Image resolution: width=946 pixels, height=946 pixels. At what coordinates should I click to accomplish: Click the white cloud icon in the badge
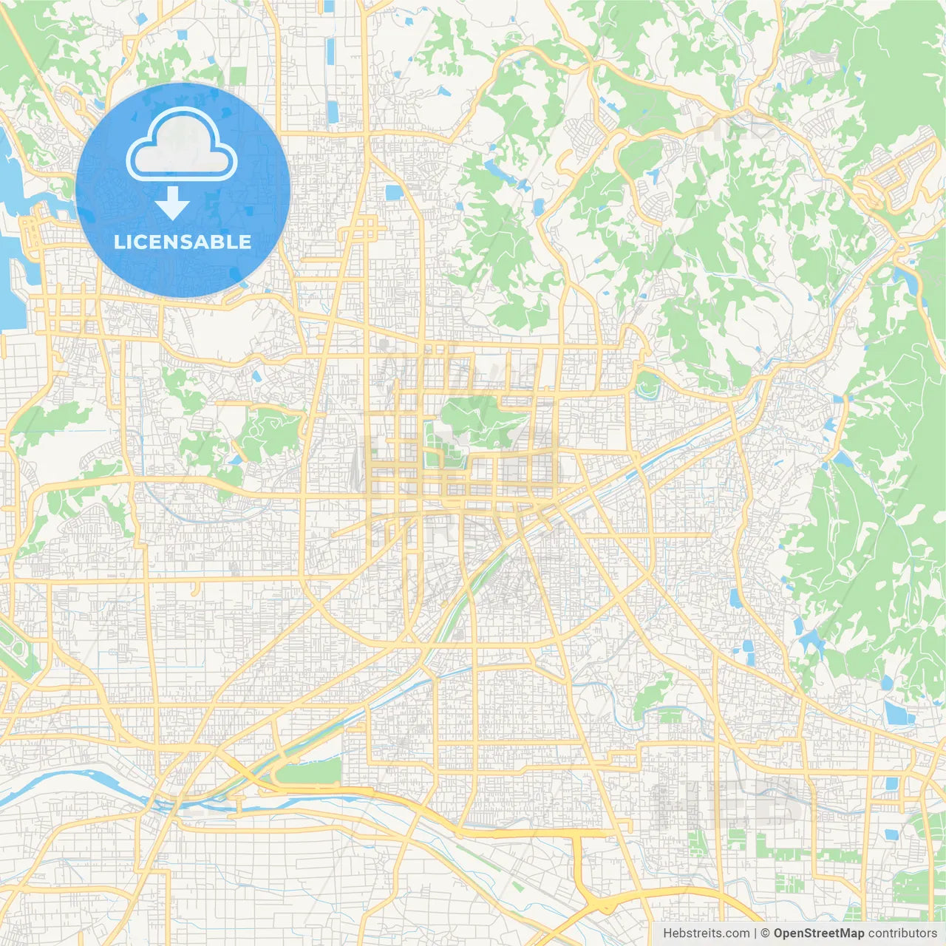182,145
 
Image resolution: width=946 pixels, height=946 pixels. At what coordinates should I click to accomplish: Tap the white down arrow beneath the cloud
172,203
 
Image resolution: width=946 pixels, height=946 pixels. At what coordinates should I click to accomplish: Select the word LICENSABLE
183,242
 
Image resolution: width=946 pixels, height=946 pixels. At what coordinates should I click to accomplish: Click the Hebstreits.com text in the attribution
706,933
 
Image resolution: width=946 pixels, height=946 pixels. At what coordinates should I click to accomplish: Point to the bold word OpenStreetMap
819,933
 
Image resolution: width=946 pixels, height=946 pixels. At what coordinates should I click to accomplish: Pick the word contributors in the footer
902,933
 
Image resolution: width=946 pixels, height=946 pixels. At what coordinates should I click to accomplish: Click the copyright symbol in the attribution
766,933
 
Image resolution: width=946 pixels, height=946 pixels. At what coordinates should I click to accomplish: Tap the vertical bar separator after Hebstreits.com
755,933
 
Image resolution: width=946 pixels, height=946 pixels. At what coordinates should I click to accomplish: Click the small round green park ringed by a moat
647,385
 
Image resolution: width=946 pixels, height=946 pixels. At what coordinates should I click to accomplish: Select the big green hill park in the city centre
473,418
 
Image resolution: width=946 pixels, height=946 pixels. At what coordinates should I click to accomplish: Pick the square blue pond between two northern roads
394,193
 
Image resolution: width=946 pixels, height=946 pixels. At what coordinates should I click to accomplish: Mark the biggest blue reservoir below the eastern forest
899,712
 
